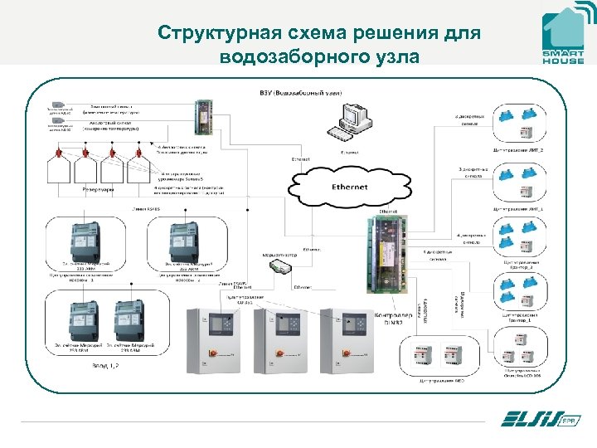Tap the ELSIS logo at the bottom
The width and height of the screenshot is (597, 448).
(536, 420)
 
